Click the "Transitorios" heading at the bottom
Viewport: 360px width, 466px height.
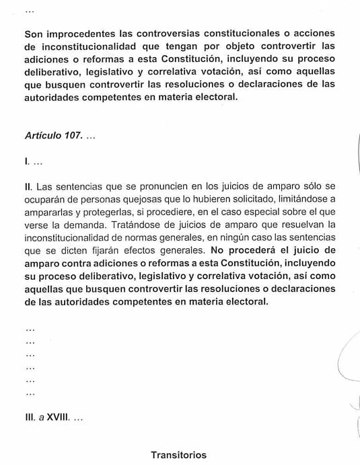point(179,455)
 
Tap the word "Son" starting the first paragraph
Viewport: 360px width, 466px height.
point(33,33)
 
